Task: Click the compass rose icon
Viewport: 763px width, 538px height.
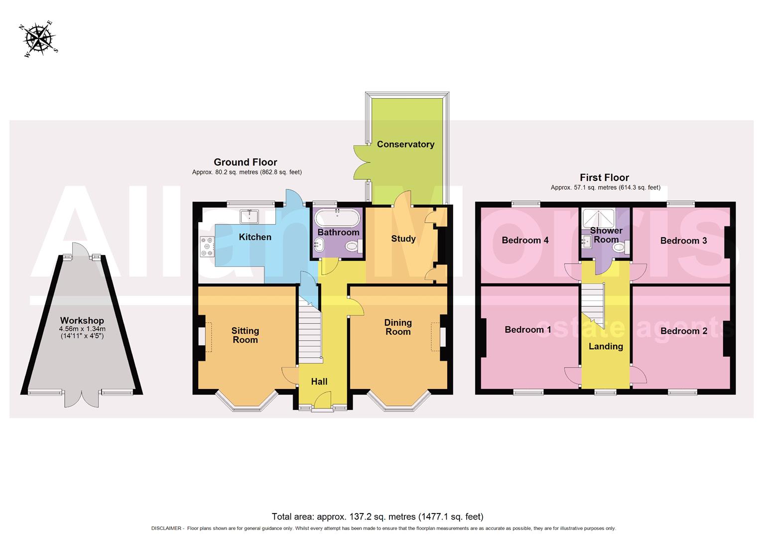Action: [39, 38]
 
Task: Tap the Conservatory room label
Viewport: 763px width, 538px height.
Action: [405, 144]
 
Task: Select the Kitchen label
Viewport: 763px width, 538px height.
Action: [255, 237]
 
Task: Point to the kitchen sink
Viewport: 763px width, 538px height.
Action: [249, 216]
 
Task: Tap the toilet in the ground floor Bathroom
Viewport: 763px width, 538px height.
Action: [353, 246]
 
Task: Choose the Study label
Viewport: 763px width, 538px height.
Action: [403, 239]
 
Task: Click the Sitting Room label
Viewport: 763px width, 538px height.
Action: [245, 335]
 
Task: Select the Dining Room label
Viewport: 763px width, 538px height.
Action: [397, 327]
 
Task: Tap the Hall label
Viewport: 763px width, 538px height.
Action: [319, 382]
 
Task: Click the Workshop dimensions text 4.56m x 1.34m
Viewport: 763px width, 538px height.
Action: [82, 329]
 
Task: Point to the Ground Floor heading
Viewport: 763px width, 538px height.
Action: [245, 162]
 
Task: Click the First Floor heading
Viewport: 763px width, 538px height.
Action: [604, 177]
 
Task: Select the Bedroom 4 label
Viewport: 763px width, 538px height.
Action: [525, 240]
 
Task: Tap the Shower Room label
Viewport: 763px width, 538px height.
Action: [606, 235]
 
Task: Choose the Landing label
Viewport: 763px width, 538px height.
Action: [606, 346]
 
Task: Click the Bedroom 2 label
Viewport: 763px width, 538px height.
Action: [683, 331]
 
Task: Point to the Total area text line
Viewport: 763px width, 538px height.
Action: [378, 517]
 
